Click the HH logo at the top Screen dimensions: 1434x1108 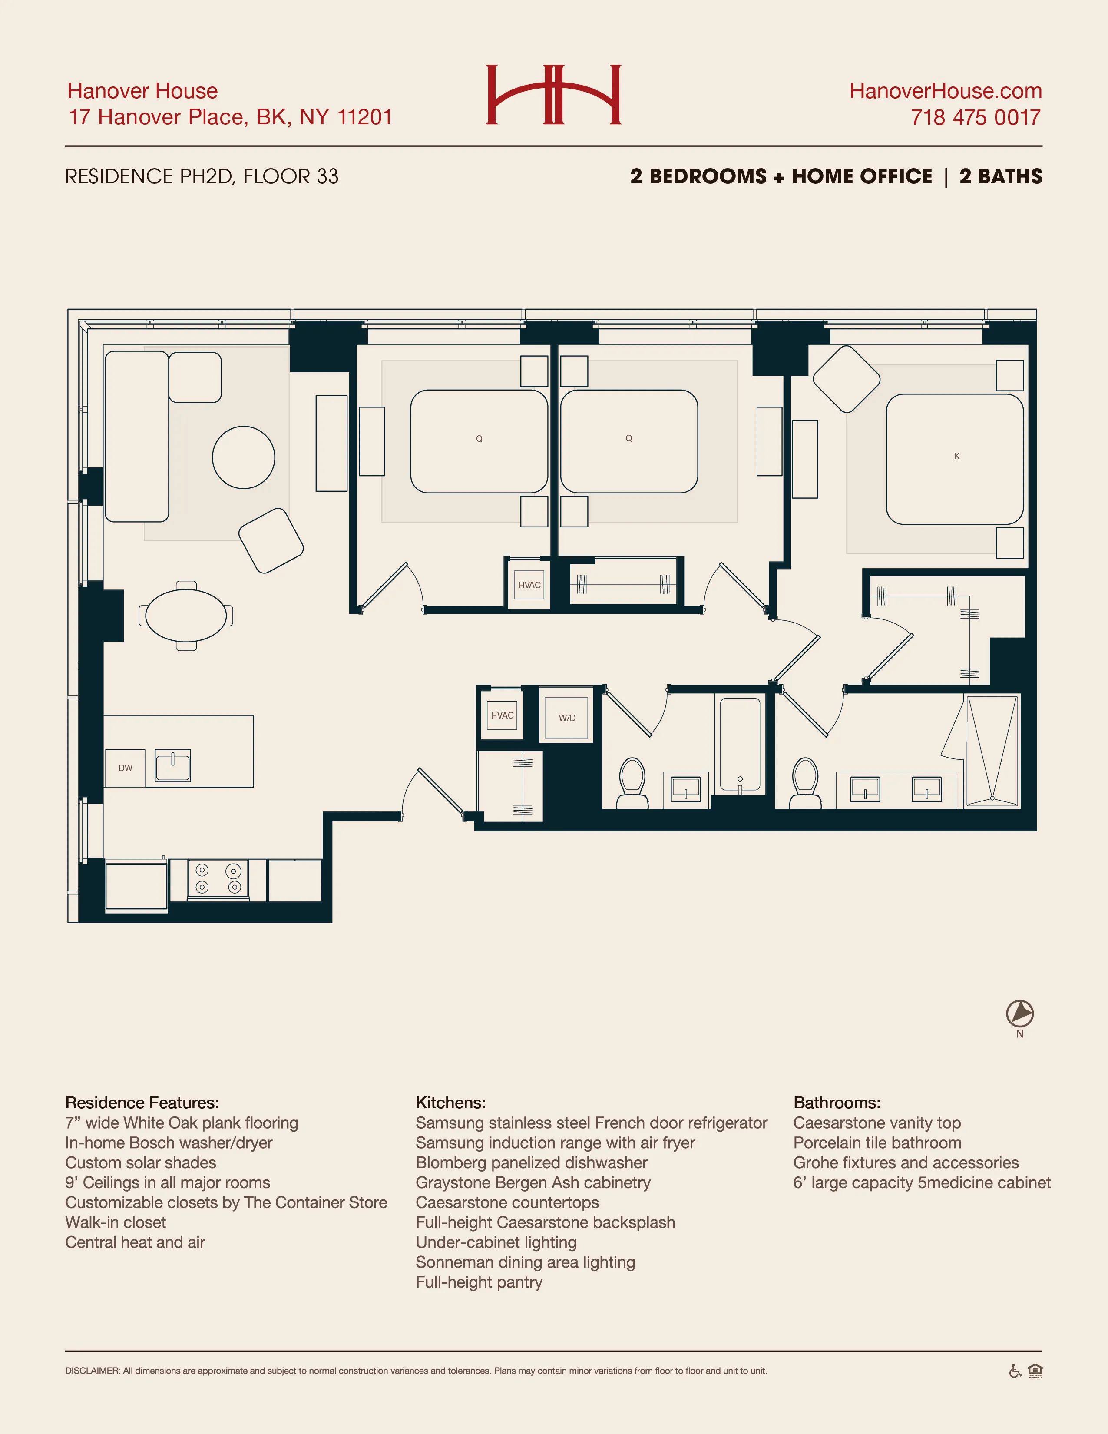553,95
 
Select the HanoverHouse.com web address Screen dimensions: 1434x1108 945,91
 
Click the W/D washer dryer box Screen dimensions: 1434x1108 566,718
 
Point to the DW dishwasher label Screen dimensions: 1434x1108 126,768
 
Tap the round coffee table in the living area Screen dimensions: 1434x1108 244,457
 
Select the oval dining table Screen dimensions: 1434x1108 186,615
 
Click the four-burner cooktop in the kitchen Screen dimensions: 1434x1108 218,878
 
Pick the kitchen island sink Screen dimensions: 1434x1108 172,765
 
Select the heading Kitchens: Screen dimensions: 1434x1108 450,1103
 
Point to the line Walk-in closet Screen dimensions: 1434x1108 116,1222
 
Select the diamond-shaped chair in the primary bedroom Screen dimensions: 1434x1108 846,379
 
